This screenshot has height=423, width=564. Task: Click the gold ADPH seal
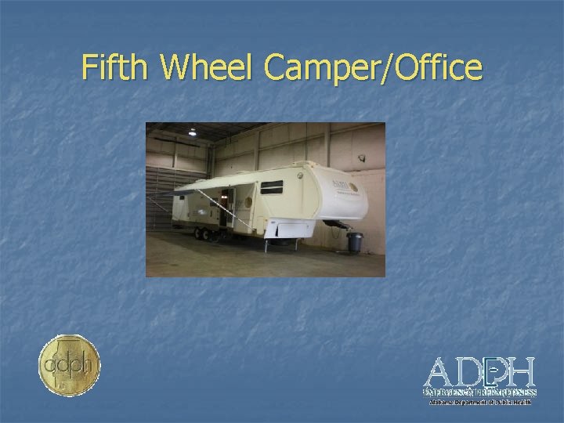(x=70, y=365)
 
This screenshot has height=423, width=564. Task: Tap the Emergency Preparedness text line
(x=479, y=391)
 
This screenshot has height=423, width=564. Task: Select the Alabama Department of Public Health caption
(x=479, y=402)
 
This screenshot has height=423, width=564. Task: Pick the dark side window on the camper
(x=272, y=187)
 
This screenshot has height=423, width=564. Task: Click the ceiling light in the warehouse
(x=193, y=132)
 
